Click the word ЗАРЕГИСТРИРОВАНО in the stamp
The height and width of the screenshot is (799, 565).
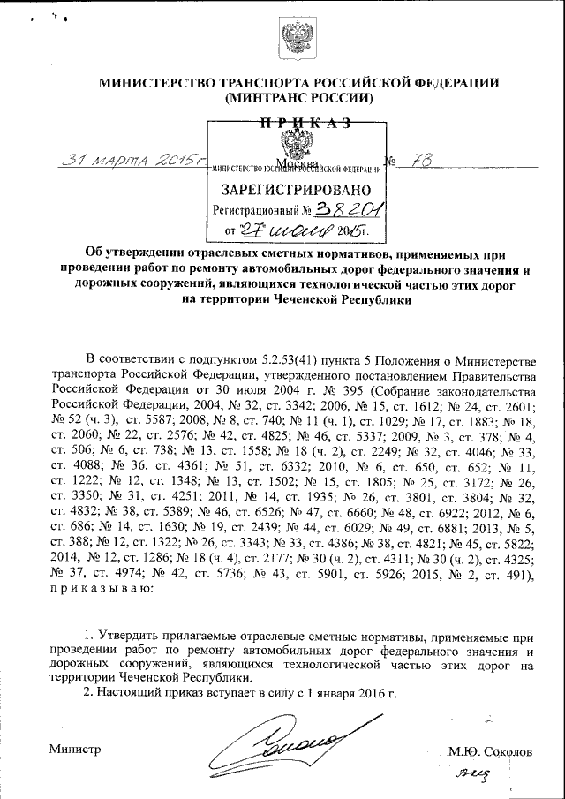click(x=296, y=190)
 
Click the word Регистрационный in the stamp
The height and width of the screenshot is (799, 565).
click(x=252, y=212)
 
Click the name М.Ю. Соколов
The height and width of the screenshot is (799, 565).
click(x=490, y=752)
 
